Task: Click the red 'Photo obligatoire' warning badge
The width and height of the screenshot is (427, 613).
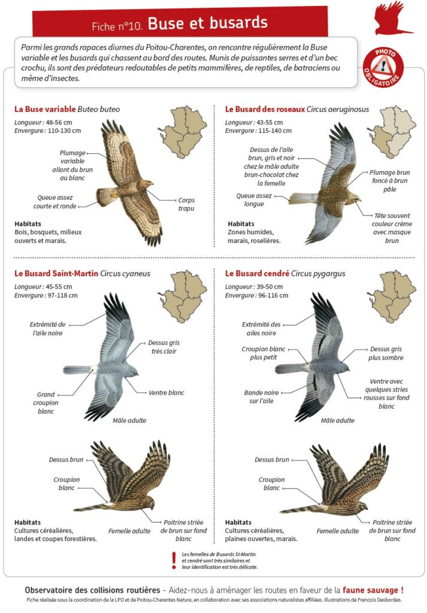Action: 383,67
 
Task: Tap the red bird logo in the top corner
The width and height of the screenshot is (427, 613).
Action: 392,17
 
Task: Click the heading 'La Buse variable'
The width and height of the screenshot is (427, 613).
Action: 45,109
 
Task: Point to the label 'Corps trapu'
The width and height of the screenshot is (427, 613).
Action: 186,204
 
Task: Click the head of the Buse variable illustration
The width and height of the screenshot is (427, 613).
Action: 147,183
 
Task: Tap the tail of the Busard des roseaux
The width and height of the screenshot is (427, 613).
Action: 303,198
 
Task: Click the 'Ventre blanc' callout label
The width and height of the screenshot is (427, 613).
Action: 166,393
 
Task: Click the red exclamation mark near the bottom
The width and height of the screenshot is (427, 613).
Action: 174,560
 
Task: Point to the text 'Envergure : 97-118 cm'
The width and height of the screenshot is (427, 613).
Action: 46,295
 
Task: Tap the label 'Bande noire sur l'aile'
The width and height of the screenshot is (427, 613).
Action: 261,396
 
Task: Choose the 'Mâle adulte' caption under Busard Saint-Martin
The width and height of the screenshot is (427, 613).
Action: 129,420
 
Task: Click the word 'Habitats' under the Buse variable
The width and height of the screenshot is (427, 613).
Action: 28,224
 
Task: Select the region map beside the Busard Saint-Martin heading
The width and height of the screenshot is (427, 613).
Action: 183,296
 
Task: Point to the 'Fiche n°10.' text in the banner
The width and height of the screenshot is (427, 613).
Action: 117,26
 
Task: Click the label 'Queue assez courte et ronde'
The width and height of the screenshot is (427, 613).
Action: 54,202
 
